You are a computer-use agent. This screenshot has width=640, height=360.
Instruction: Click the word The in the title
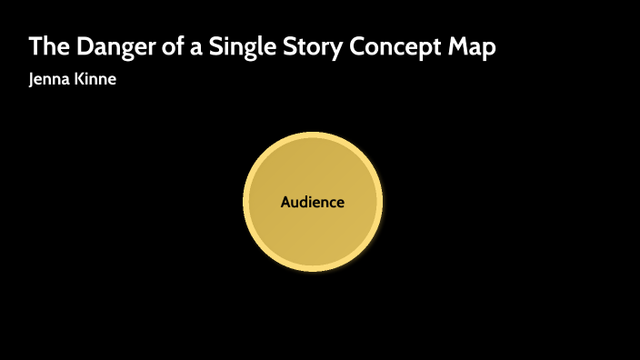coord(46,47)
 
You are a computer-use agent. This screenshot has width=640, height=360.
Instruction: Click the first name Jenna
coord(51,79)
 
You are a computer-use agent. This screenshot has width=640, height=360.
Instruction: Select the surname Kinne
coord(96,79)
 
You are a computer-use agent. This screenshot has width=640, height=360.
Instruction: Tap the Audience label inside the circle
coord(313,203)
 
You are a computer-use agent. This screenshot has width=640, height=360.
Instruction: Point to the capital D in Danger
coord(79,47)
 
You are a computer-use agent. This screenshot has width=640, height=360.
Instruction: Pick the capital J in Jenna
coord(33,79)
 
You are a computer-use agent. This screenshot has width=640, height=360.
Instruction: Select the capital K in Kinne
coord(81,79)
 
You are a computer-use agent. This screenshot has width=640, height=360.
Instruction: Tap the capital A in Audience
coord(285,203)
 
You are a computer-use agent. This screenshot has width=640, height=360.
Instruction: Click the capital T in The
coord(35,47)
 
